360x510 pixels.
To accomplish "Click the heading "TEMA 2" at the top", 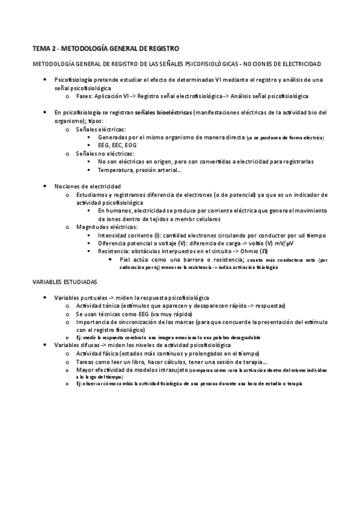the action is [46, 48].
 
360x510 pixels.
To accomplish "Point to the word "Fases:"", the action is [86, 96].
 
